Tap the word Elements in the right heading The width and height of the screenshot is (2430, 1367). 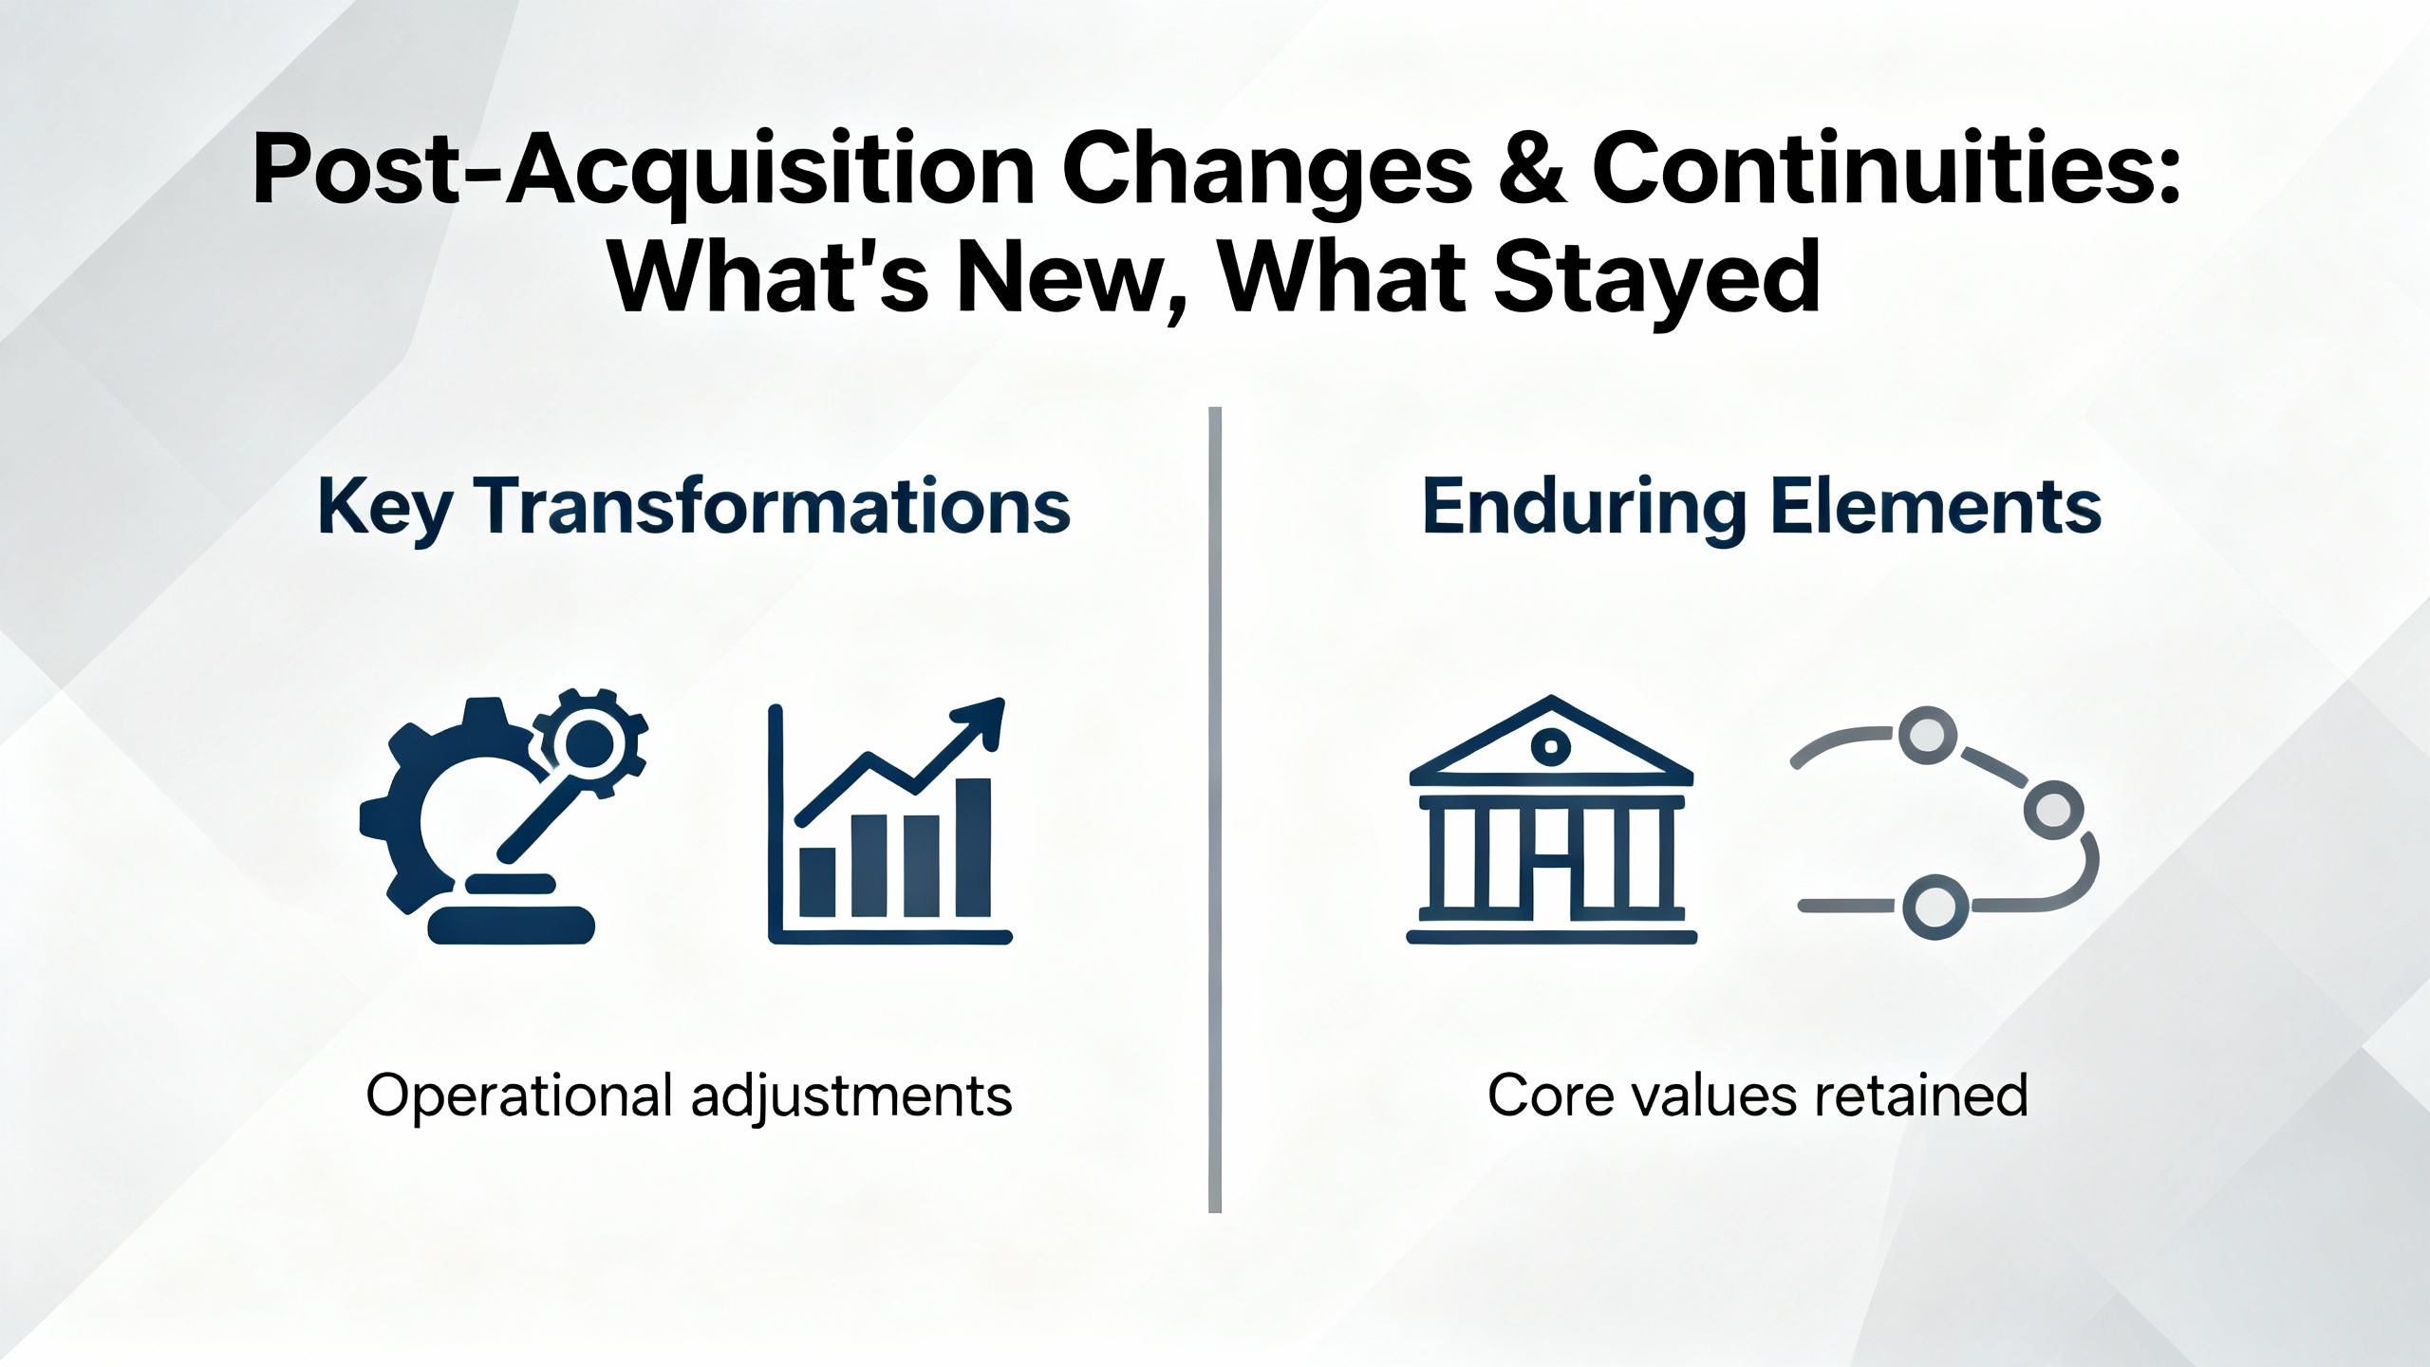[x=1936, y=507]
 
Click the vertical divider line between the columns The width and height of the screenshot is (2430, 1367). [x=1215, y=810]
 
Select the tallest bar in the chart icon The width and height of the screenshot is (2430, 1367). [x=973, y=848]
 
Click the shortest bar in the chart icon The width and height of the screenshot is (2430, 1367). [x=817, y=882]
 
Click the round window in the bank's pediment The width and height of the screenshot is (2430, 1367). [x=1551, y=746]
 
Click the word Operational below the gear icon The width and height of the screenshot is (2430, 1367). [x=520, y=1096]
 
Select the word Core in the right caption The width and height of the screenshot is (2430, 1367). [x=1547, y=1095]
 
